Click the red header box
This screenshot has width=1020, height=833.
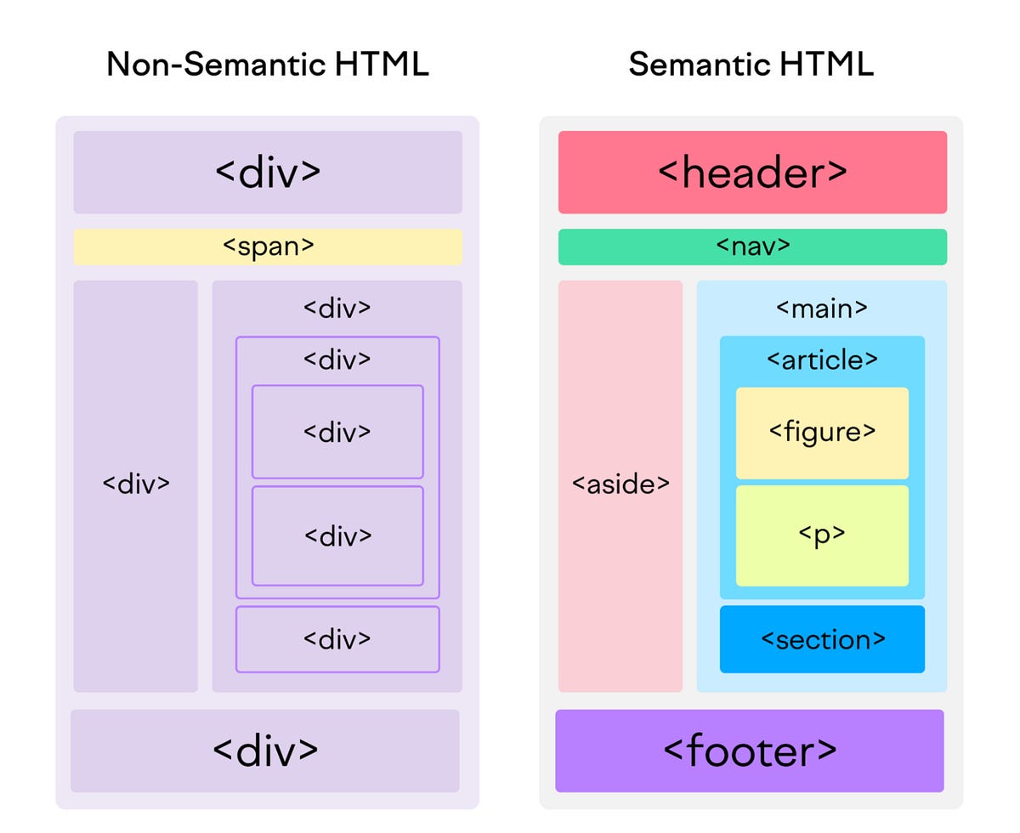coord(752,172)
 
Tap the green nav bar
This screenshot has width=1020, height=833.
coord(752,246)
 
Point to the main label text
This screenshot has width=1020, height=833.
coord(822,308)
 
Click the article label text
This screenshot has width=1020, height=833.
coord(822,360)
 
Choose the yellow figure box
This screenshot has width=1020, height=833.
coord(822,432)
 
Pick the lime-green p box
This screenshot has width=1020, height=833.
coord(822,535)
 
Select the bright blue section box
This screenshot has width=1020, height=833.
coord(822,639)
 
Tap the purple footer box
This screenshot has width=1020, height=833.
coord(750,751)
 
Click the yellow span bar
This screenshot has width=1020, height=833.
coord(268,246)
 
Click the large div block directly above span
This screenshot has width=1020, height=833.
coord(268,172)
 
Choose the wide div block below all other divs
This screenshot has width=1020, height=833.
coord(265,751)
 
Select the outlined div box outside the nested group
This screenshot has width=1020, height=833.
coord(337,639)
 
